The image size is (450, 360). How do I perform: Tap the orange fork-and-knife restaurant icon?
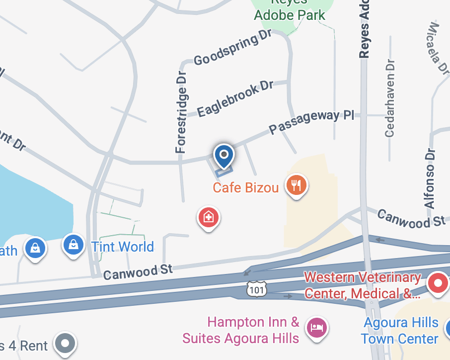[297, 185]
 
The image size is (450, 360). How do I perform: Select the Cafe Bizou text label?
[245, 187]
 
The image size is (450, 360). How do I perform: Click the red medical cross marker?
[209, 217]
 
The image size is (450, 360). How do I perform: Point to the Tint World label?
[123, 246]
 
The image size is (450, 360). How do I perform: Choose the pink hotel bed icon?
[316, 327]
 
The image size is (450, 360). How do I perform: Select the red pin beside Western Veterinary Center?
[438, 283]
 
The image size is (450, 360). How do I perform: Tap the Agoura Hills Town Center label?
[400, 331]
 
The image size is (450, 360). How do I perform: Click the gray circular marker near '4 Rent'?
[66, 343]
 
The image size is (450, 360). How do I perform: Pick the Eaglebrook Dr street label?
[235, 99]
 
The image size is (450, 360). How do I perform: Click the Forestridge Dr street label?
[182, 112]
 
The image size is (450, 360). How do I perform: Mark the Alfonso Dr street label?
[430, 178]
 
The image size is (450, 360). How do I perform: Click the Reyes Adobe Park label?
[290, 10]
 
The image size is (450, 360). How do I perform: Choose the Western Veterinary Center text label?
[363, 285]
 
